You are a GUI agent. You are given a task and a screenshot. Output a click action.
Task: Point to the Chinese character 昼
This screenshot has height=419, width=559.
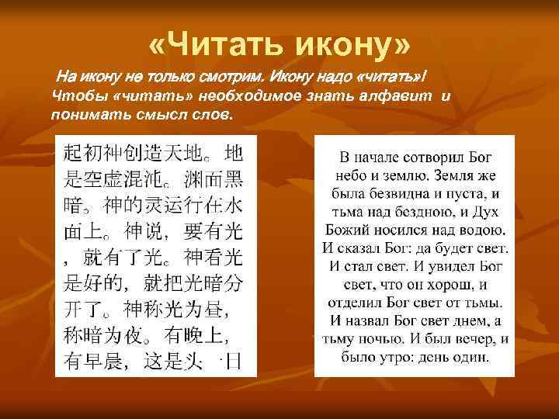point(211,309)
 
